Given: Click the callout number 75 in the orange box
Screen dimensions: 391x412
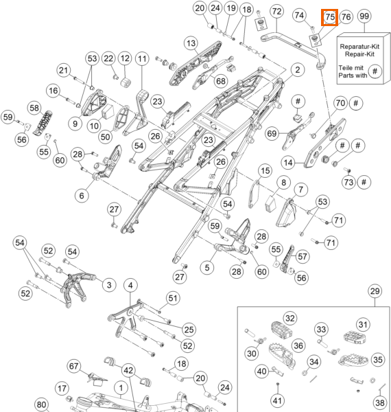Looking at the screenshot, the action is pyautogui.click(x=330, y=17).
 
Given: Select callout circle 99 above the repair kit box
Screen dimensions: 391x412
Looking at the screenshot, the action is pyautogui.click(x=364, y=16).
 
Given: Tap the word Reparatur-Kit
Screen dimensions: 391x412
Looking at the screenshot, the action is pyautogui.click(x=359, y=47).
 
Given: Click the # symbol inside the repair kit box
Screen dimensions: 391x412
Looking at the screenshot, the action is pyautogui.click(x=375, y=71).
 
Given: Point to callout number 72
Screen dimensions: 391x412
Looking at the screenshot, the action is pyautogui.click(x=276, y=12).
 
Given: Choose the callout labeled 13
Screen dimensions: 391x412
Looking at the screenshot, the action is pyautogui.click(x=191, y=43).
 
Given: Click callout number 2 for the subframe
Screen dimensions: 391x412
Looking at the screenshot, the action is pyautogui.click(x=298, y=70).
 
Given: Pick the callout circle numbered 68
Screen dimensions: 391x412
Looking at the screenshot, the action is pyautogui.click(x=221, y=81).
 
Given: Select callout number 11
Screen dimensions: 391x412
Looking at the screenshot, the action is pyautogui.click(x=142, y=59).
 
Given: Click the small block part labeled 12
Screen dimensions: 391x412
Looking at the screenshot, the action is pyautogui.click(x=126, y=82).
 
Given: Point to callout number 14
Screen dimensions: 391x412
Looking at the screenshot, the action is pyautogui.click(x=288, y=163).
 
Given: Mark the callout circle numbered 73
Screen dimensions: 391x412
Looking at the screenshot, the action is pyautogui.click(x=348, y=182).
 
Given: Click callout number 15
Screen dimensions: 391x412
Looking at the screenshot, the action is pyautogui.click(x=265, y=171).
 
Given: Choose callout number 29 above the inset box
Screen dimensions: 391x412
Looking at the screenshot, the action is pyautogui.click(x=375, y=291).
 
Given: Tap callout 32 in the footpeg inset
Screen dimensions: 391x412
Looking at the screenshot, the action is pyautogui.click(x=289, y=319).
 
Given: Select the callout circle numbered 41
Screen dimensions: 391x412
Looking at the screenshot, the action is pyautogui.click(x=277, y=400).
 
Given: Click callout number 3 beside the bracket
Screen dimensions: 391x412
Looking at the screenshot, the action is pyautogui.click(x=109, y=285).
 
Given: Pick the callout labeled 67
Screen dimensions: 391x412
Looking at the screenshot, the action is pyautogui.click(x=73, y=366).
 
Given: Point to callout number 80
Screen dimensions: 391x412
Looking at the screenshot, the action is pyautogui.click(x=41, y=404).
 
